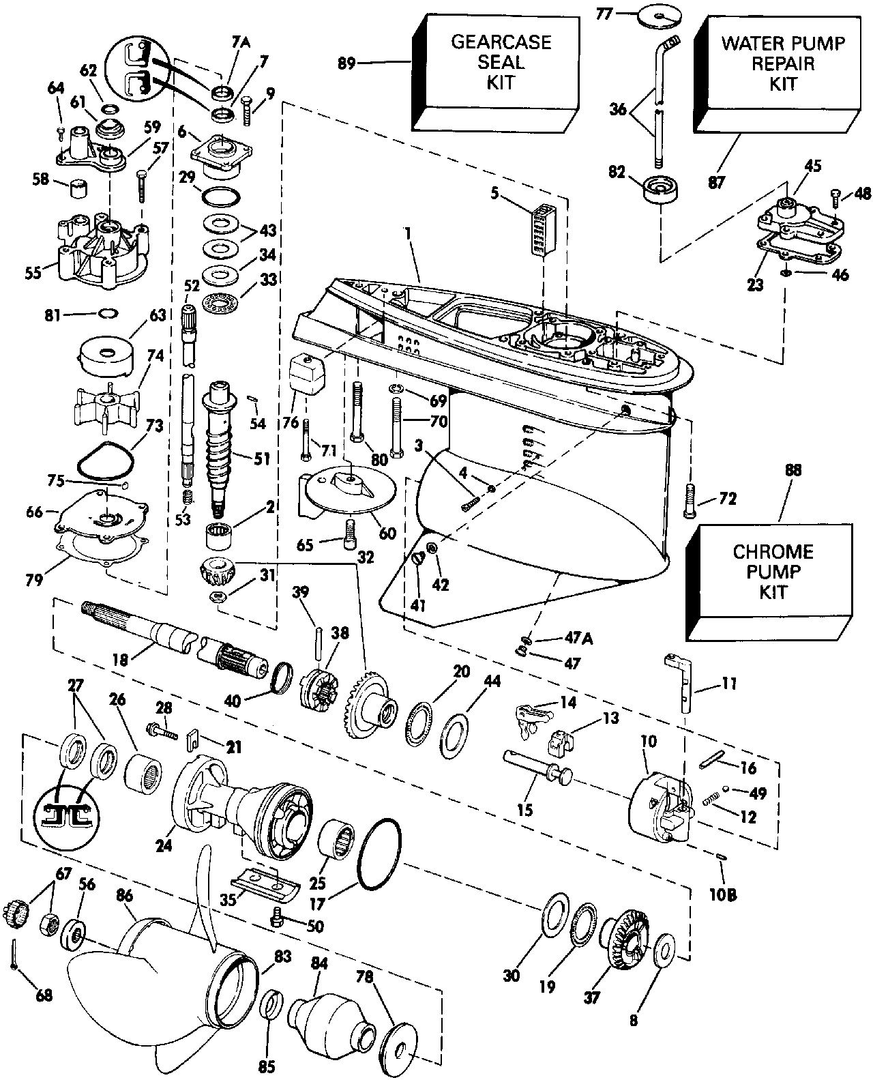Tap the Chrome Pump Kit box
tap(773, 571)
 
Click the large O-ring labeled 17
tap(379, 854)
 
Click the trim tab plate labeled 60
tap(349, 490)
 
